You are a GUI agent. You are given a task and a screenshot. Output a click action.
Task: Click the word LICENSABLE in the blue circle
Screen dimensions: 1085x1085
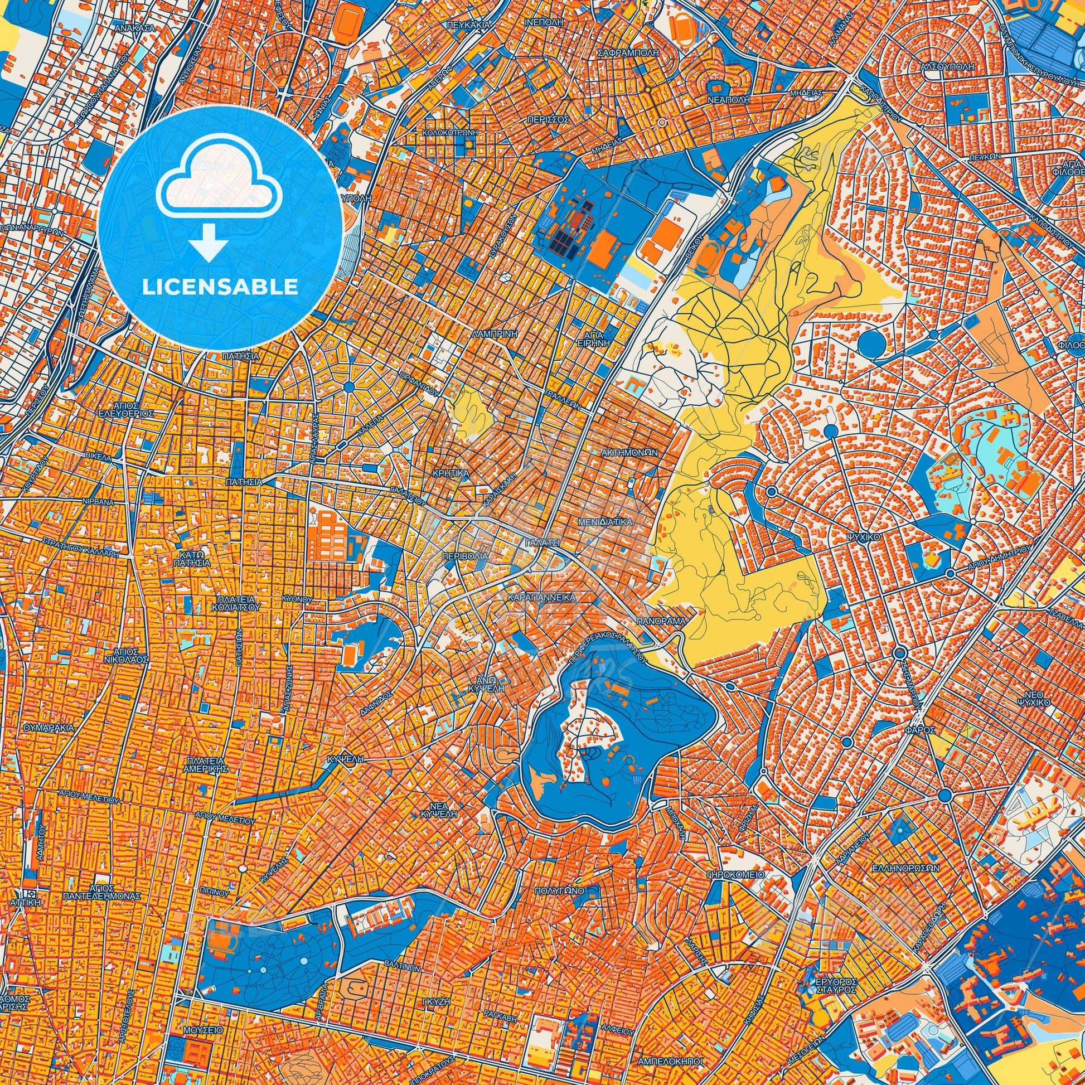[x=220, y=288]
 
